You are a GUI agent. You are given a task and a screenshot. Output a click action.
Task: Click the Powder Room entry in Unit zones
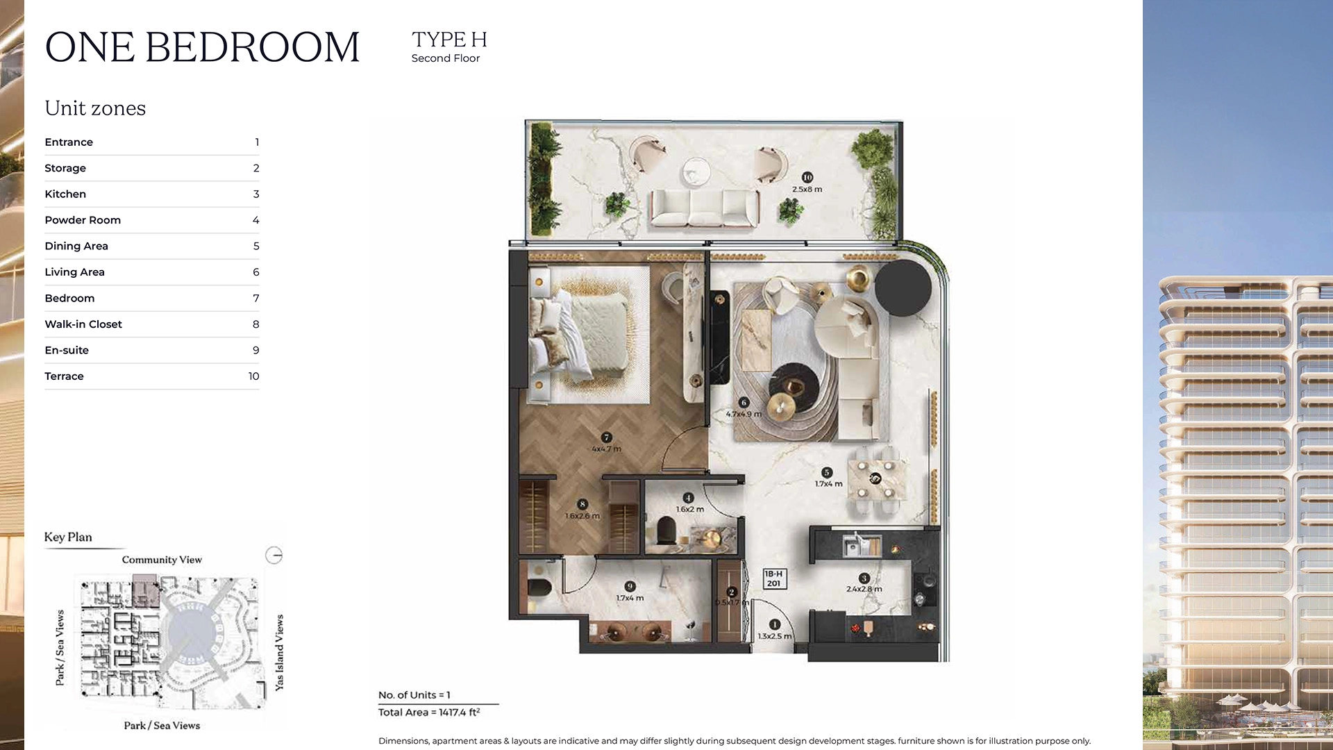[83, 220]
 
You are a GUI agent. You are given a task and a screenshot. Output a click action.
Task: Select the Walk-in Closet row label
[83, 324]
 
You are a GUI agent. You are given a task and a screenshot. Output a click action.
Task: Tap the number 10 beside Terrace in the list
[253, 376]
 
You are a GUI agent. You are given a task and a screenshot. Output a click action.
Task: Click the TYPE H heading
[449, 40]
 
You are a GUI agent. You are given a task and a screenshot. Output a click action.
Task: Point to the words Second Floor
[445, 58]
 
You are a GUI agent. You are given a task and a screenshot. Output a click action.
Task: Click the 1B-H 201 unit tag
[773, 578]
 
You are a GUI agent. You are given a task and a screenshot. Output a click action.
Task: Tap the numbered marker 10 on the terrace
[807, 178]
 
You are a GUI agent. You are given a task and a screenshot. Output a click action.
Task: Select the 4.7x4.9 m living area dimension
[744, 414]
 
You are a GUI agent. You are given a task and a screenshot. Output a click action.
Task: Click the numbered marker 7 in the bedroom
[607, 437]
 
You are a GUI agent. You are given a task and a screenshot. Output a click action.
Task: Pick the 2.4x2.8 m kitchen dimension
[864, 589]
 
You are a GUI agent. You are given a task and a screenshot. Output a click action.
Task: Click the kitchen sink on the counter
[853, 547]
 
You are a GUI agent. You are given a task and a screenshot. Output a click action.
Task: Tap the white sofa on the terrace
[703, 208]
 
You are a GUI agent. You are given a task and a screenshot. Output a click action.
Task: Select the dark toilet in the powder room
[666, 533]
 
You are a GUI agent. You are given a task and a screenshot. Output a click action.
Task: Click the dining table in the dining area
[876, 479]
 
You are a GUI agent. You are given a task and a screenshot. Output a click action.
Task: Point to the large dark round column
[903, 287]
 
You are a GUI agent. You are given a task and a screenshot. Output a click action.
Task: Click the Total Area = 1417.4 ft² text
[428, 712]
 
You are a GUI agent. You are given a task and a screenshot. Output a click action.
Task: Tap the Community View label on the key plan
[162, 560]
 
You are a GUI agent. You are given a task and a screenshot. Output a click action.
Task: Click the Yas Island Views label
[279, 652]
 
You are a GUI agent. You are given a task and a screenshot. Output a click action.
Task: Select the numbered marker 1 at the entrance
[774, 624]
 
